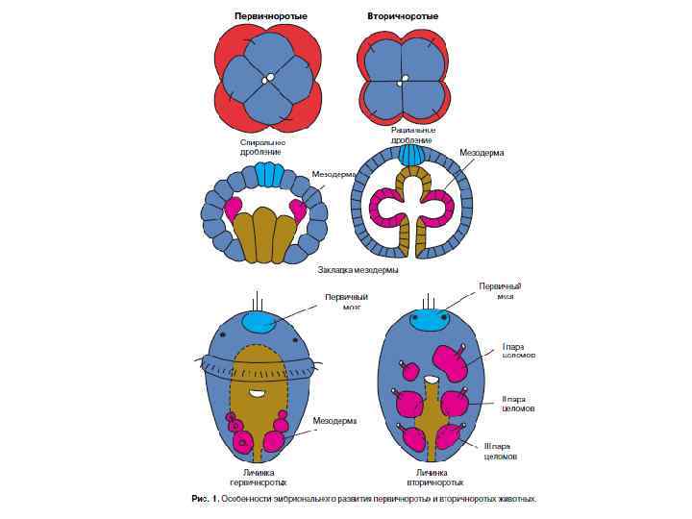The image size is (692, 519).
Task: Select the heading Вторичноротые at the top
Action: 403,16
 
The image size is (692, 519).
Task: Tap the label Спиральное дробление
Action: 262,147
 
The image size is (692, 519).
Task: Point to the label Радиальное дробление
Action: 413,135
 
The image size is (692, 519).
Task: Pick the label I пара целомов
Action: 518,351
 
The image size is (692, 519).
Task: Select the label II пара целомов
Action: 518,404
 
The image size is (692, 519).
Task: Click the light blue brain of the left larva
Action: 259,323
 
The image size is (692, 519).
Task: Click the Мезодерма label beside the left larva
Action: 335,421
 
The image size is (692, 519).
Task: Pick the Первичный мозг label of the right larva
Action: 500,291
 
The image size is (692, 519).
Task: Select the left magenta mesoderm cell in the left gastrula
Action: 232,208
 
